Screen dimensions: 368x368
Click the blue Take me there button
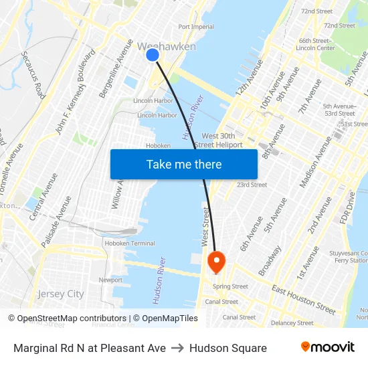[184, 164]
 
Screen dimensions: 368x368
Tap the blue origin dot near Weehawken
[153, 55]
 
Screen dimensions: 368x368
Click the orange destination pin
[217, 261]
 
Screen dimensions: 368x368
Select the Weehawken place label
[167, 46]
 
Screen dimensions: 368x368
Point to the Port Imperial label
[196, 27]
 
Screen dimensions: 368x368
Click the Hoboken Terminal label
[133, 244]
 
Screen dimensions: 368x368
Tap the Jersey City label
[61, 294]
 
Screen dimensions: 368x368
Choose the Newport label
[110, 280]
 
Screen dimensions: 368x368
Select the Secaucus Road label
[33, 74]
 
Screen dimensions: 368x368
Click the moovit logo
[327, 347]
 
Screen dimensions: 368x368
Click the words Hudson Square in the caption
[227, 348]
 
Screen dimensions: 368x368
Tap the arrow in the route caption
[177, 348]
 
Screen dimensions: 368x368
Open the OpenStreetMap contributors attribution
[72, 318]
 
